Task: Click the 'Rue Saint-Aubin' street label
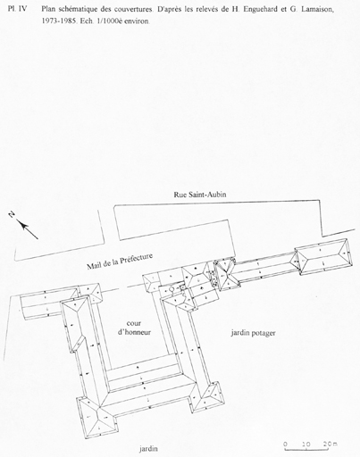(200, 195)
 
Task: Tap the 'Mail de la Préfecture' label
(120, 262)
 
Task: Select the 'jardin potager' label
(253, 333)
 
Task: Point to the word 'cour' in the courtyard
(134, 323)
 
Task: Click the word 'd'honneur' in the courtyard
(134, 332)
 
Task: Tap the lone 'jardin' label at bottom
(148, 448)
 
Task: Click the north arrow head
(21, 224)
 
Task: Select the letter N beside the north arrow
(12, 213)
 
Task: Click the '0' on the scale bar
(286, 444)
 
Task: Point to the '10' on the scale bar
(306, 444)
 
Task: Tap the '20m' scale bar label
(331, 444)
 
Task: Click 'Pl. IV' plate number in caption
(18, 9)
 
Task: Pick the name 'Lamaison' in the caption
(318, 10)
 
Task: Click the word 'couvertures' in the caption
(133, 10)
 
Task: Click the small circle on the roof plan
(172, 289)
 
